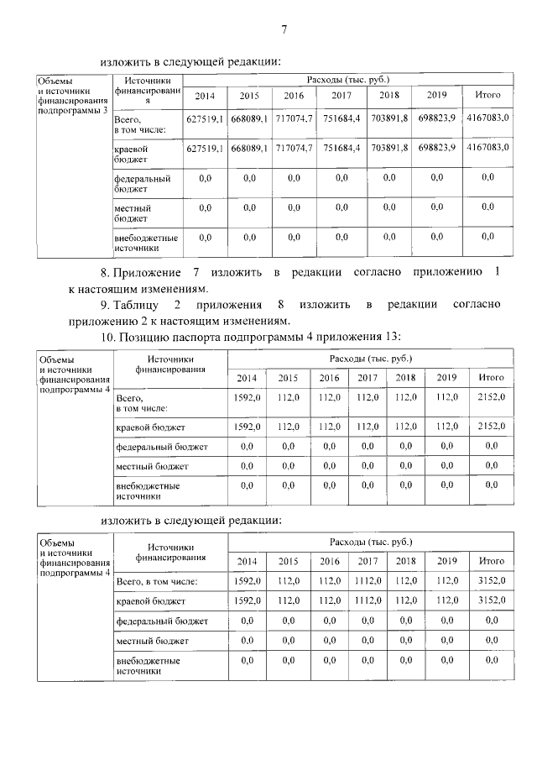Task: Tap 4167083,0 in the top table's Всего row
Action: pos(487,119)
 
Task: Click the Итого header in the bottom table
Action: pos(490,560)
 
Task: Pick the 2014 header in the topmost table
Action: pos(205,95)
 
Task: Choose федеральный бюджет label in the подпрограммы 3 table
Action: pos(142,183)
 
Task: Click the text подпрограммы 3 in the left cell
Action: pos(74,111)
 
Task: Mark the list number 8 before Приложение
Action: pos(104,273)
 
